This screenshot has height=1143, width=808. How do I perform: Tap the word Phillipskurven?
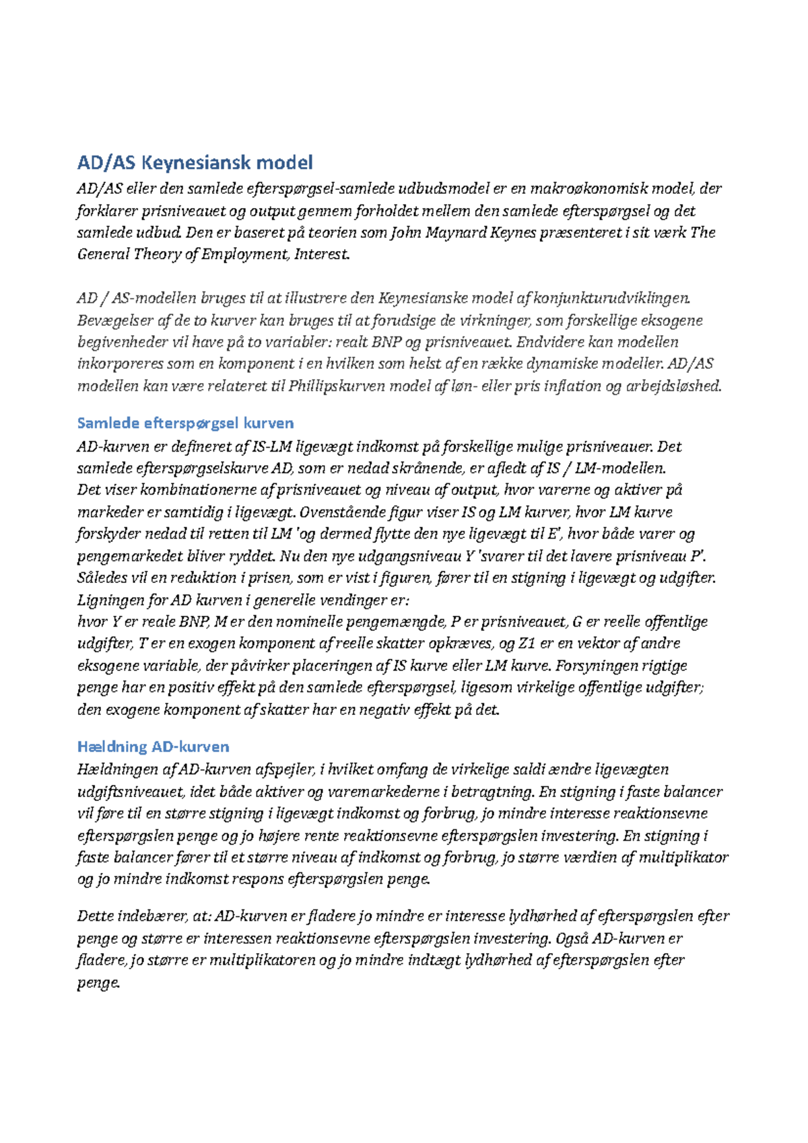pos(337,386)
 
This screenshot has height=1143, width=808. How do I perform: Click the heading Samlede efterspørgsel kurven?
pos(185,423)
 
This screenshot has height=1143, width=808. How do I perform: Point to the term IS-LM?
pos(269,447)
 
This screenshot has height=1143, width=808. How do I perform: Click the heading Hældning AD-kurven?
pos(153,747)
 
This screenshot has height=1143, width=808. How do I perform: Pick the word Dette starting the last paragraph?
pos(96,916)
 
